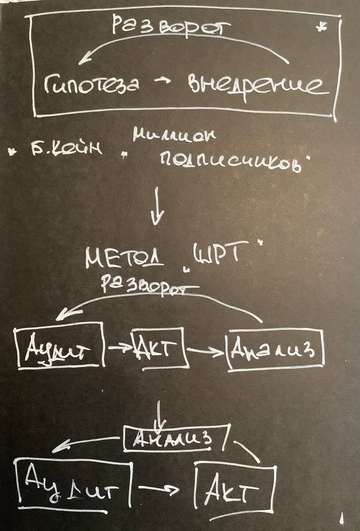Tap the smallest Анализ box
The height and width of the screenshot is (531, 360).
pyautogui.click(x=176, y=439)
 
